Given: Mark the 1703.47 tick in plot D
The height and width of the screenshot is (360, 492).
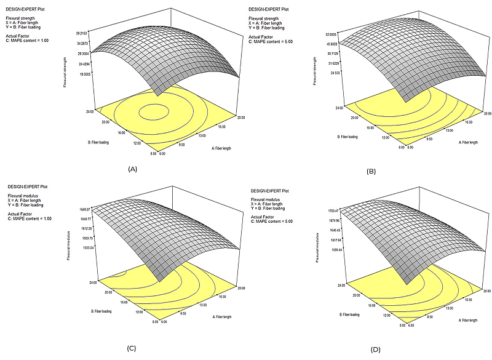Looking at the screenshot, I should (x=331, y=211).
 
